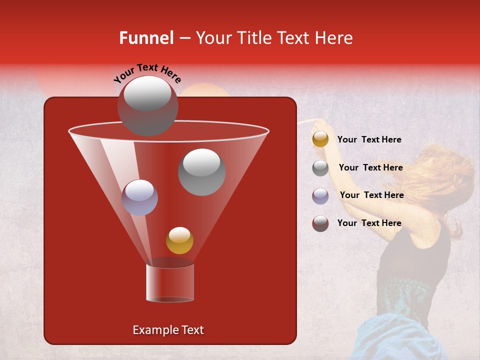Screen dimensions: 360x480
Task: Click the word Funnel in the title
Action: [x=146, y=38]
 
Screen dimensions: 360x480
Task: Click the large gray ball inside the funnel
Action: [x=201, y=171]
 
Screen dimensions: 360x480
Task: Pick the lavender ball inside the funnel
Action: [x=139, y=197]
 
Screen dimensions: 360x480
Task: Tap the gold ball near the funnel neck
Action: [x=179, y=240]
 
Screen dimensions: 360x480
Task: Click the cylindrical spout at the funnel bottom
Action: [x=169, y=283]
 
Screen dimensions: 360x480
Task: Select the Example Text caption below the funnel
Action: [x=168, y=330]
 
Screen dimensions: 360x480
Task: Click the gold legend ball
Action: [x=320, y=139]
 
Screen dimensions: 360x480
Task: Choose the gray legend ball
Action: [x=320, y=168]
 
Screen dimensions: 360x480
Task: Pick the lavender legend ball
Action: [x=320, y=195]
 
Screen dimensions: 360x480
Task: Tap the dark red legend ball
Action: [x=320, y=223]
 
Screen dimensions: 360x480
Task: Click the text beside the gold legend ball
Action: [x=369, y=140]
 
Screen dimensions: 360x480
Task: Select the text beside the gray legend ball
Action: [x=370, y=167]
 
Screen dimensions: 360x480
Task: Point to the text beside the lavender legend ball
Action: [x=371, y=195]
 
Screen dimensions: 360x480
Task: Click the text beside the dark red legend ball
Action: [x=369, y=223]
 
